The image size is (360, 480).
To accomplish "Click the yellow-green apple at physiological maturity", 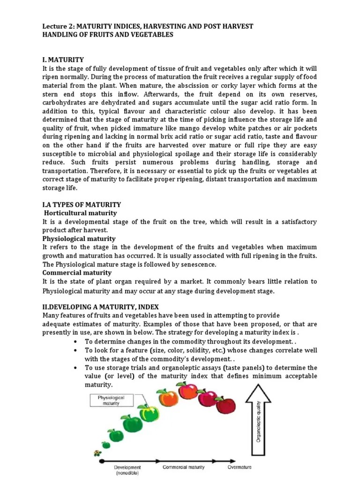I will (x=150, y=413).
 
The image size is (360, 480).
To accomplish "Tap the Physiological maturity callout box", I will (x=112, y=400).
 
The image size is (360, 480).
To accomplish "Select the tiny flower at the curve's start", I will (x=97, y=453).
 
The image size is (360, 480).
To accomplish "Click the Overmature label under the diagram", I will (x=240, y=467).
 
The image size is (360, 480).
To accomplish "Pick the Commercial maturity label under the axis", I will (x=184, y=467).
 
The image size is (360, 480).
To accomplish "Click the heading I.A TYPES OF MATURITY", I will (x=82, y=205).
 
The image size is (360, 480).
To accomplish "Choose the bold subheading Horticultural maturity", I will (x=80, y=213).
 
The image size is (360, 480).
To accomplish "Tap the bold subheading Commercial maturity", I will (x=77, y=272).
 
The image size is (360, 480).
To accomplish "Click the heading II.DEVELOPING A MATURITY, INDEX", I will (x=100, y=307).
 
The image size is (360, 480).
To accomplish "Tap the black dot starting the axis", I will (x=100, y=462).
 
